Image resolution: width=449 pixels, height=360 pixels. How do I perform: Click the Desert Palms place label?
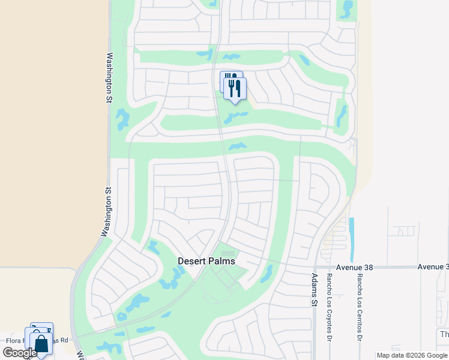pos(206,262)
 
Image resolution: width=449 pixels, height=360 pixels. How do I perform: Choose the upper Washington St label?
pos(110,79)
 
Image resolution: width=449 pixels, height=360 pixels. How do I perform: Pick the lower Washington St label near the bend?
pos(107,213)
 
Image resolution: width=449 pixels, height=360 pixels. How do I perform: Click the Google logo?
pos(20,353)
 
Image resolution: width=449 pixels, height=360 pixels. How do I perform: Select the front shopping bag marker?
pos(41,344)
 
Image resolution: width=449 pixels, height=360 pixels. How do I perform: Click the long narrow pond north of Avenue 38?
pos(351,235)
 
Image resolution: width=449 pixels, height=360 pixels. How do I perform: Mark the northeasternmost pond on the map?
pos(346,8)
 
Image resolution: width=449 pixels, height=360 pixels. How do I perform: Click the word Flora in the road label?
pos(14,340)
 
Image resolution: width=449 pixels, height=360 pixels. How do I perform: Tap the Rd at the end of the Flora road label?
pos(64,340)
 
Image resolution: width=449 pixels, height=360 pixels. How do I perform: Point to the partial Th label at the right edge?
pos(444,334)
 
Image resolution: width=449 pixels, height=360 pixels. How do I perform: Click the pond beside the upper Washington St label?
pos(123,119)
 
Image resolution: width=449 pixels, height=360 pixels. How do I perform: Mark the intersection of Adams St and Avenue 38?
pos(315,267)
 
